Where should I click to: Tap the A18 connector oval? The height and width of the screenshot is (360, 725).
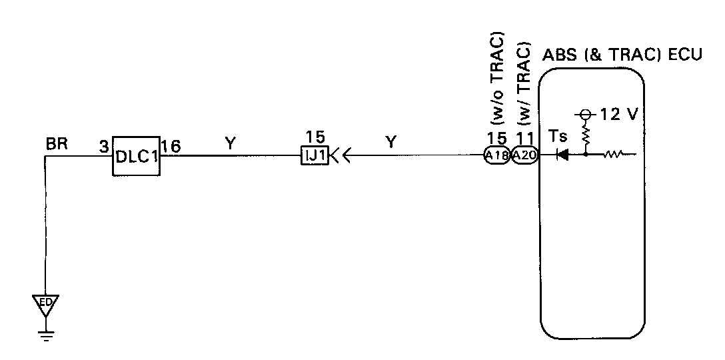(496, 156)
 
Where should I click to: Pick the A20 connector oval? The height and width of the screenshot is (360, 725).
(524, 156)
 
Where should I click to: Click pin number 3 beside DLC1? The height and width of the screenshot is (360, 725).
(104, 145)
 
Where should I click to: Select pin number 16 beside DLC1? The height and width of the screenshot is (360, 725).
(171, 145)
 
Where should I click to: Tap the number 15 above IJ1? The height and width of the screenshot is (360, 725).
(315, 137)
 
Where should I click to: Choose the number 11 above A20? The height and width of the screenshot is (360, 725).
(524, 140)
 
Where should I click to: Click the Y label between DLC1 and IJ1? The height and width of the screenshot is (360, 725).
(231, 142)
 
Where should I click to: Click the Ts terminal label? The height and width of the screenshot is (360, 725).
(558, 137)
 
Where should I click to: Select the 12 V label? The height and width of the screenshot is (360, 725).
(619, 114)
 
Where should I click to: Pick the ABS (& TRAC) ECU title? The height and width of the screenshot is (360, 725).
(623, 55)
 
